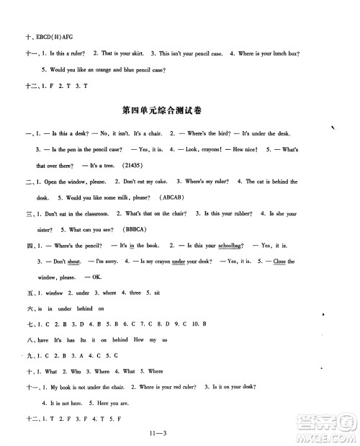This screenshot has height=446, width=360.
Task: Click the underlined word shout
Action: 60,262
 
